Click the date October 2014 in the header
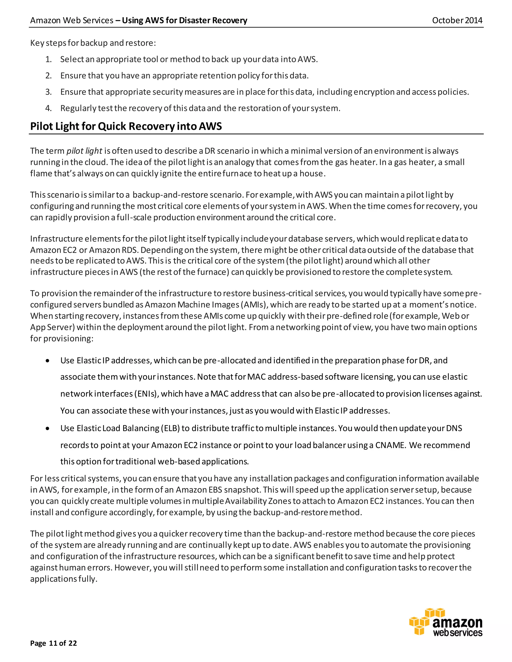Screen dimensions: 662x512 457,20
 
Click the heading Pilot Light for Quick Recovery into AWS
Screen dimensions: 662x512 126,126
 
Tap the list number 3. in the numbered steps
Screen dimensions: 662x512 48,92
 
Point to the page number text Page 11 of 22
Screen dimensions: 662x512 53,643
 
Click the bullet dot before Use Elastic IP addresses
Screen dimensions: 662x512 47,361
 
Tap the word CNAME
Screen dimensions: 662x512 390,445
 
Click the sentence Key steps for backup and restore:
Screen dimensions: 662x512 93,43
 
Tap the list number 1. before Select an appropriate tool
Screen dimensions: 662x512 48,59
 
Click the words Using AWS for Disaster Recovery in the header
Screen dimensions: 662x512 184,20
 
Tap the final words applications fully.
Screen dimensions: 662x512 64,579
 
